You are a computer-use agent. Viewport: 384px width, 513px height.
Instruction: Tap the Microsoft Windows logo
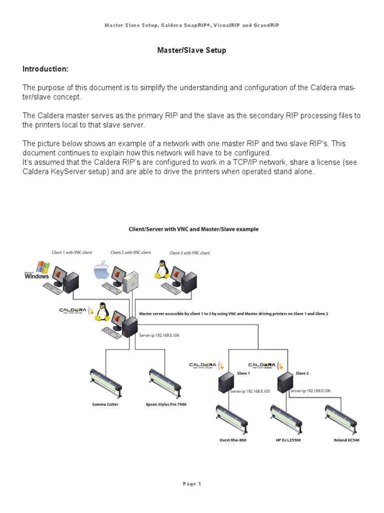(x=38, y=270)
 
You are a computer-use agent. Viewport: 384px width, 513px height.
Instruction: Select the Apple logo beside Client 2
(x=101, y=272)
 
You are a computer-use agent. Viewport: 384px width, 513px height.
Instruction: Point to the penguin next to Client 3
(x=161, y=269)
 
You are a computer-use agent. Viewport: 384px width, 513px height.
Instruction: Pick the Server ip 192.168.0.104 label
(x=158, y=336)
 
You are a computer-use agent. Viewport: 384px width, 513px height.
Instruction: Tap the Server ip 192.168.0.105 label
(x=249, y=391)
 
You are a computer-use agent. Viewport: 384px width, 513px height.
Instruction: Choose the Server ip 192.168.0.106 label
(x=311, y=391)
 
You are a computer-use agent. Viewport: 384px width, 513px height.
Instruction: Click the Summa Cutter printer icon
(x=105, y=383)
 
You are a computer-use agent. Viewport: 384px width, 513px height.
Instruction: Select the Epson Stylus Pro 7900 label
(x=167, y=404)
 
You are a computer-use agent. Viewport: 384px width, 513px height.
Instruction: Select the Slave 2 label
(x=302, y=373)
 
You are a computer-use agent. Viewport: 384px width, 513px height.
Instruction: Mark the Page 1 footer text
(x=191, y=484)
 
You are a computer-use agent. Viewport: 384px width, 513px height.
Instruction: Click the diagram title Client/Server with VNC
(x=194, y=229)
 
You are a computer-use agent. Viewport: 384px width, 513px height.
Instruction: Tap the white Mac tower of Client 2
(x=131, y=282)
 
